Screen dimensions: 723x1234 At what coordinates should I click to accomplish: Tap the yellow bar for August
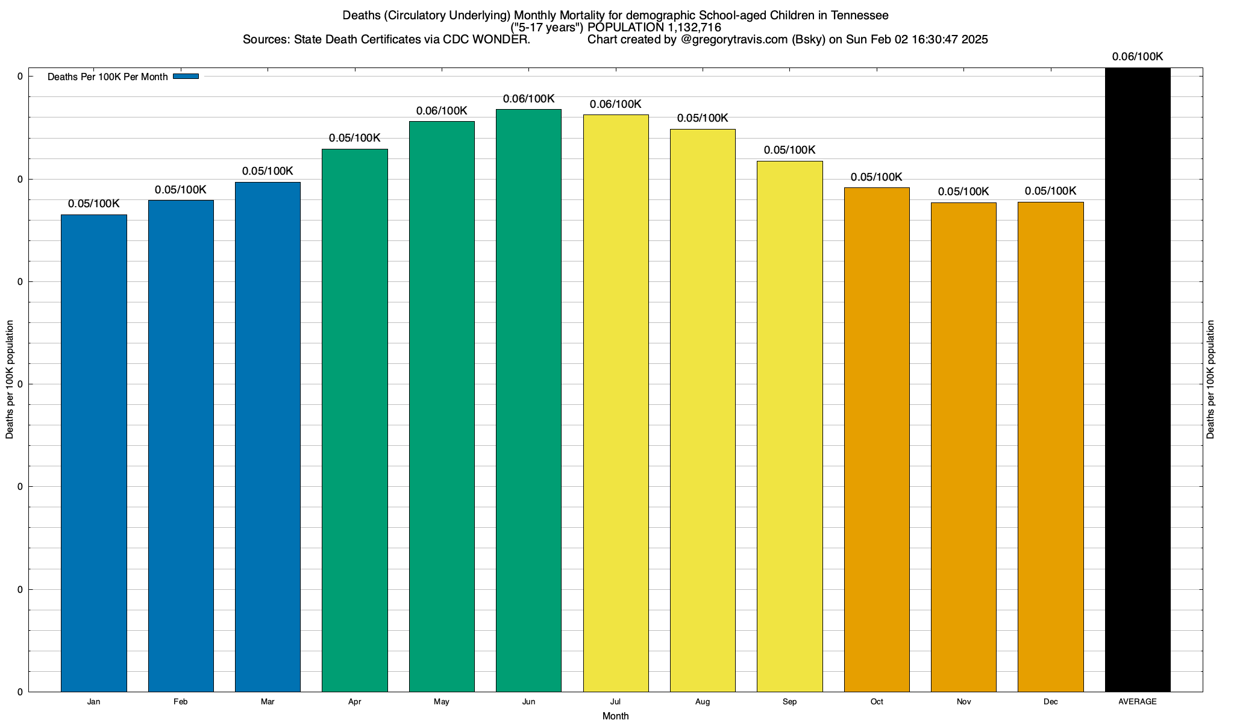(x=703, y=410)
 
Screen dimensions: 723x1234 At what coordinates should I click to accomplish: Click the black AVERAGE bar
(x=1138, y=380)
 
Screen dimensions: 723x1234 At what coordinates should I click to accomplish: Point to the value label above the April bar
(x=355, y=138)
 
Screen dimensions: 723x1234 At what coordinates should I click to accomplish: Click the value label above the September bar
(x=789, y=150)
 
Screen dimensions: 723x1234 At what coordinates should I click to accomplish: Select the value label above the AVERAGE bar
(x=1138, y=57)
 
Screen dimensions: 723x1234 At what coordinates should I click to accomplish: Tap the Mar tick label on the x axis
(x=268, y=701)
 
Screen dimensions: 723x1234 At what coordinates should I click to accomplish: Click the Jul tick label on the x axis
(x=615, y=701)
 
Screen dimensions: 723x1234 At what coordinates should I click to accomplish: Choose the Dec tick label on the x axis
(x=1050, y=701)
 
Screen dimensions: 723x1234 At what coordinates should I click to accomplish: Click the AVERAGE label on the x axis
(x=1138, y=701)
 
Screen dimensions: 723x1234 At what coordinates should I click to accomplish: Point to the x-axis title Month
(x=615, y=716)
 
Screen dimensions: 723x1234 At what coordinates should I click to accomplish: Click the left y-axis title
(x=10, y=380)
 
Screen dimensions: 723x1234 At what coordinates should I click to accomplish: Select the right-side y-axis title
(x=1211, y=380)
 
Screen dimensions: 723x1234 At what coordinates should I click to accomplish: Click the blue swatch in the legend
(x=186, y=77)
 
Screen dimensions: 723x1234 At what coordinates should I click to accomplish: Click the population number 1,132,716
(x=694, y=27)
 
